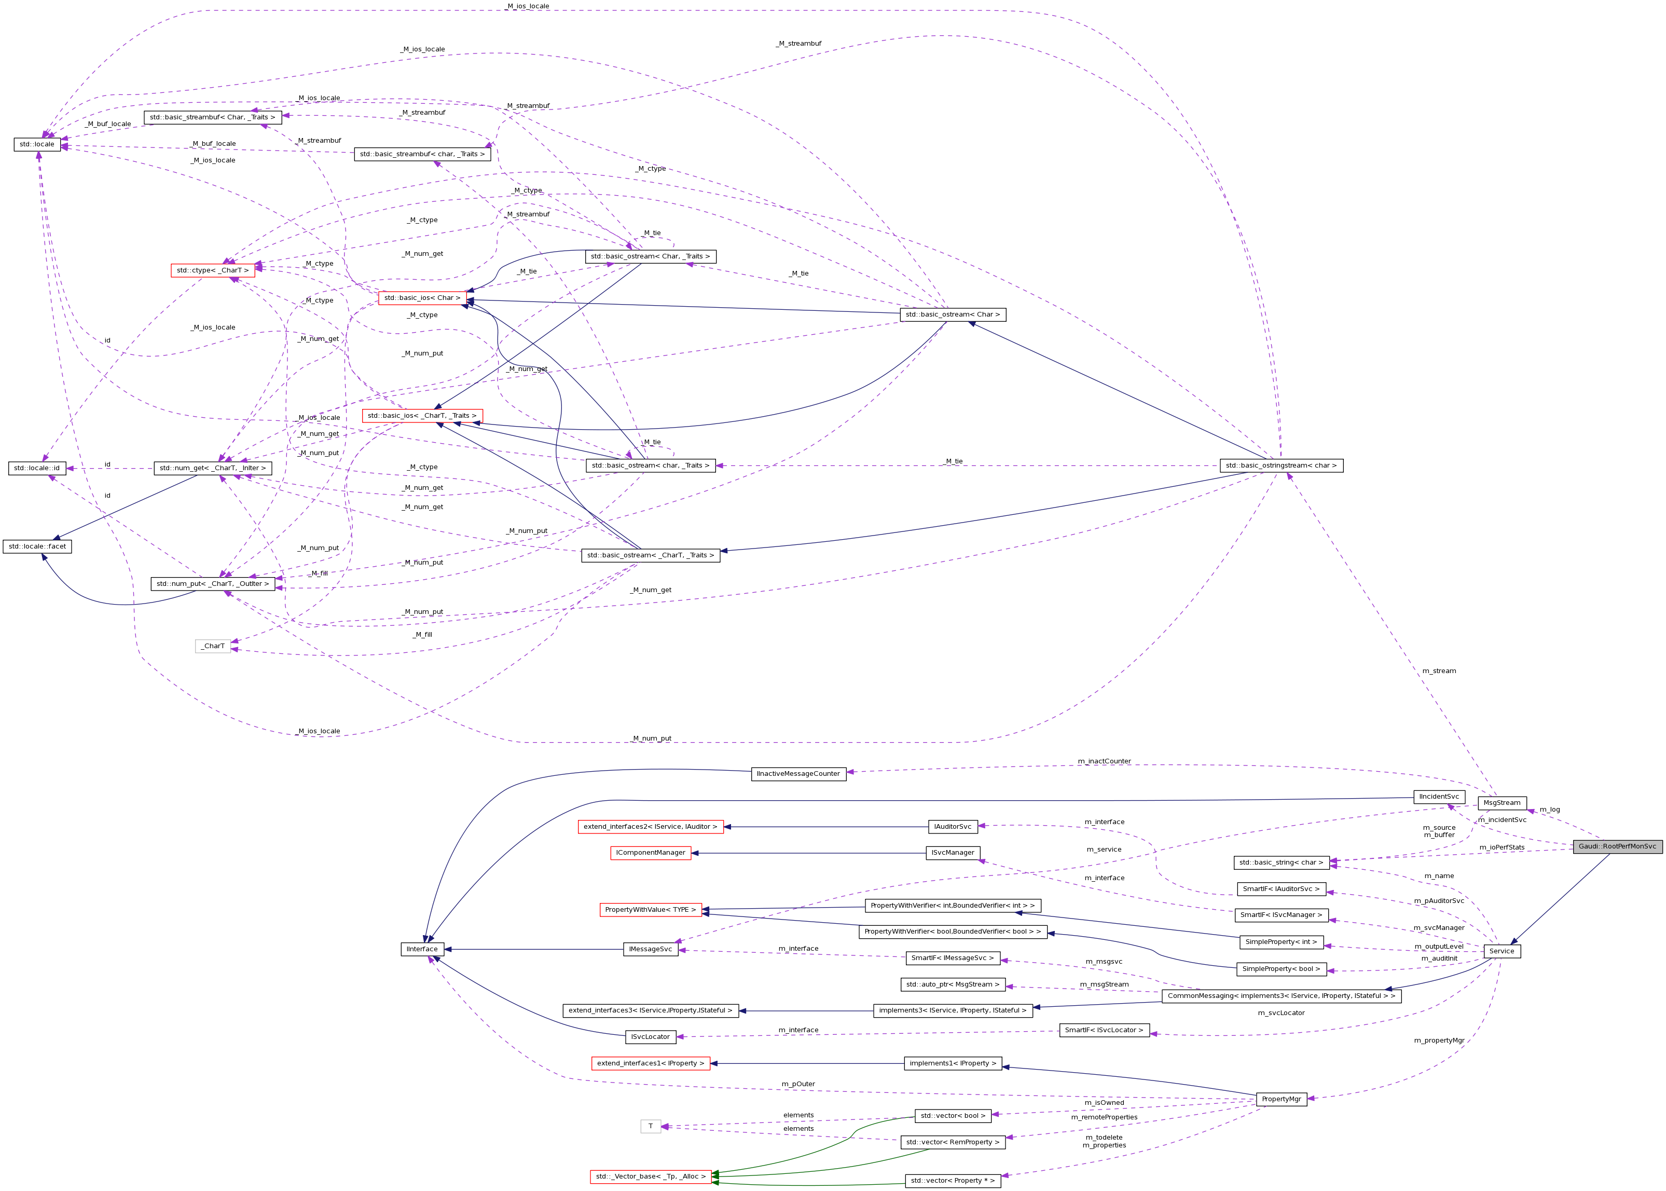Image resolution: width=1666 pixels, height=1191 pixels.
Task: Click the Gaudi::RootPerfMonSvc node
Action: tap(1617, 846)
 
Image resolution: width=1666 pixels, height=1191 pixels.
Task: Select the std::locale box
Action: tap(37, 144)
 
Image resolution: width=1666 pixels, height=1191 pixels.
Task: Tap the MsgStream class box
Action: tap(1502, 803)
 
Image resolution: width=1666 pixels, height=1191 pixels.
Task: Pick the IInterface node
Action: tap(422, 949)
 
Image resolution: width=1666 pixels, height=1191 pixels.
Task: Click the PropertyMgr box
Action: tap(1281, 1099)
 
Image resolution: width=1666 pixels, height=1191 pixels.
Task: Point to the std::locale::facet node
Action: tap(37, 546)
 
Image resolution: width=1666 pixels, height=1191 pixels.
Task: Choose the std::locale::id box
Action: tap(37, 468)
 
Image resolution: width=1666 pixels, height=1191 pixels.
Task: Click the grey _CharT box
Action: tap(213, 646)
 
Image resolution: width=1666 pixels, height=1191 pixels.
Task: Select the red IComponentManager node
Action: tap(651, 853)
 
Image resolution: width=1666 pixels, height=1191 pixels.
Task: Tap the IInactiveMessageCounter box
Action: tap(798, 774)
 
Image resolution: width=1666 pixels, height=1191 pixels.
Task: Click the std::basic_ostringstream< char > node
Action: tap(1281, 466)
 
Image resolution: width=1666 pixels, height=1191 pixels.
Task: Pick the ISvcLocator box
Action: tap(651, 1037)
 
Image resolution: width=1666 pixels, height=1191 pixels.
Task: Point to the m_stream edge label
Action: tap(1439, 671)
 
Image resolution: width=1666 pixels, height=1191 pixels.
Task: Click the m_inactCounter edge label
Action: tap(1104, 761)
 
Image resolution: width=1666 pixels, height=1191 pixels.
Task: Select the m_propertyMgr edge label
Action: tap(1439, 1040)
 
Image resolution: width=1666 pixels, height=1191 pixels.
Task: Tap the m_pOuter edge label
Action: tap(798, 1084)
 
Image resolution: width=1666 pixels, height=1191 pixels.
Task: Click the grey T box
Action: tap(651, 1127)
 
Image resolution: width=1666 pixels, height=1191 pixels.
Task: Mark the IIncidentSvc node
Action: tap(1439, 797)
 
